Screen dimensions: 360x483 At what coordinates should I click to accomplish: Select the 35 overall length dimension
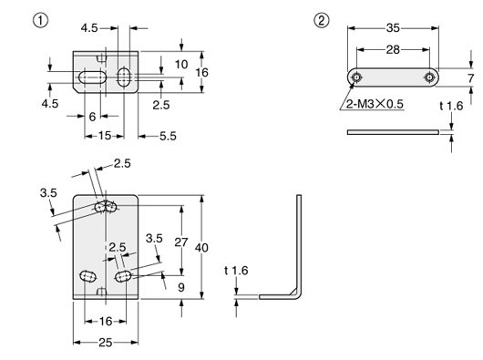pos(395,27)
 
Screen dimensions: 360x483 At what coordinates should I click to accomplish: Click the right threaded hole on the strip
pos(427,77)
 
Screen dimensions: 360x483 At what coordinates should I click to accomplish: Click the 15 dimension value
pos(106,135)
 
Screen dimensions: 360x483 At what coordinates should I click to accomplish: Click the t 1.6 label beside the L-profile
pos(234,270)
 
